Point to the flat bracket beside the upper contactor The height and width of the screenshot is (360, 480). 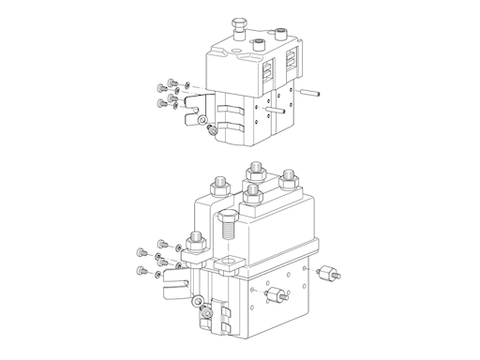pyautogui.click(x=192, y=105)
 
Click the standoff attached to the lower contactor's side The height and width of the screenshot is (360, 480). pyautogui.click(x=278, y=296)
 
